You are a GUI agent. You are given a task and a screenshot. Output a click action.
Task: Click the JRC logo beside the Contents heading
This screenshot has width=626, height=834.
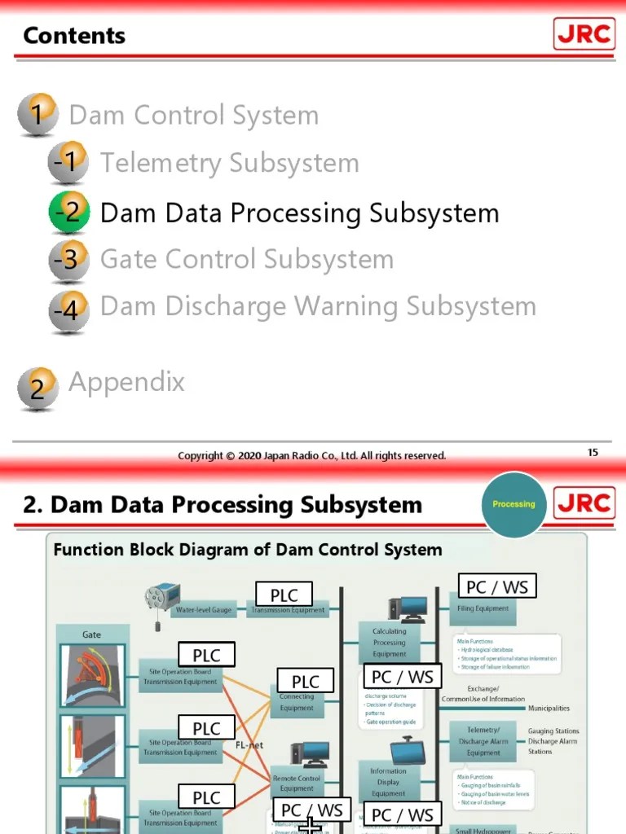(x=584, y=34)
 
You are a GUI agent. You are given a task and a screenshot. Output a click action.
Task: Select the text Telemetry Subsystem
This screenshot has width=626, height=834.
(x=229, y=163)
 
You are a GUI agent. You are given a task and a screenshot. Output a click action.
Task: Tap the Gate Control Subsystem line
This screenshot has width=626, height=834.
(x=246, y=260)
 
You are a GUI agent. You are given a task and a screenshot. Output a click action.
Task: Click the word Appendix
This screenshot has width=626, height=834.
(x=126, y=382)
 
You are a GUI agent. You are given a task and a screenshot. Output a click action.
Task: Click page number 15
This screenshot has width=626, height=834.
(x=593, y=452)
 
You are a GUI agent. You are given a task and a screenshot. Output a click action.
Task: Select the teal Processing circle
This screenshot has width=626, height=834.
(x=514, y=504)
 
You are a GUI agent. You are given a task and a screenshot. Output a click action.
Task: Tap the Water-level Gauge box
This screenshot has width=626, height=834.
(x=204, y=609)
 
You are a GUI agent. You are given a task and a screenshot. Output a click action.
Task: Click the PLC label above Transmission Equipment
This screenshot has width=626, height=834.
(x=284, y=595)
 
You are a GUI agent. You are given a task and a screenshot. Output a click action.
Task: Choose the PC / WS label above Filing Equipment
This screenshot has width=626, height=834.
(x=496, y=586)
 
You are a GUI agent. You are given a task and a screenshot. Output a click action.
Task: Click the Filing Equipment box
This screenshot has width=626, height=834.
(x=483, y=608)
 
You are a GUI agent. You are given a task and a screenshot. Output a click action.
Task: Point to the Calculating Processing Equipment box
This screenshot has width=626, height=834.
(x=389, y=643)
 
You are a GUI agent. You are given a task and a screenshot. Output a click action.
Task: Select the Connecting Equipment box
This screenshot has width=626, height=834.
(x=297, y=702)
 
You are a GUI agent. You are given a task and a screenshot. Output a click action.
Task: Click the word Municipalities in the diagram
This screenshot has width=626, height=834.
(x=549, y=709)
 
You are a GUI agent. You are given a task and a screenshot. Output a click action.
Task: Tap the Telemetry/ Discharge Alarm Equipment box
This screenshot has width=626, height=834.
(x=483, y=741)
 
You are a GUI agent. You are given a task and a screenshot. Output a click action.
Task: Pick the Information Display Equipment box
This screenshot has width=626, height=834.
(x=388, y=782)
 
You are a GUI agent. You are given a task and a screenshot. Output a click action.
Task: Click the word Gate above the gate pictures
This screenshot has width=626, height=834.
(x=91, y=634)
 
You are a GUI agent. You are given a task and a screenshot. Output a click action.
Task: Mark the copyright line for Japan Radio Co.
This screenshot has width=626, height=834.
(x=312, y=456)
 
